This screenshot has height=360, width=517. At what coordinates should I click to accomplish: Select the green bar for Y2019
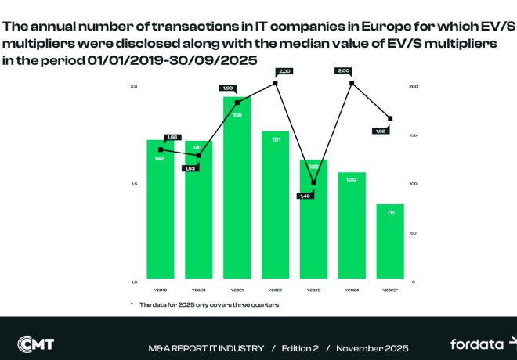(x=160, y=211)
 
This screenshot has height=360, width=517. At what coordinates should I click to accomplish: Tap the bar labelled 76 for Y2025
(x=390, y=243)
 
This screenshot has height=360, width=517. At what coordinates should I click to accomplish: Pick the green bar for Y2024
(x=352, y=227)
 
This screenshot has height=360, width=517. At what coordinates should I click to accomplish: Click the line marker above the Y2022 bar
(x=276, y=83)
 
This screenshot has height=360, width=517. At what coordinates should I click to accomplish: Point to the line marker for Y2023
(x=314, y=182)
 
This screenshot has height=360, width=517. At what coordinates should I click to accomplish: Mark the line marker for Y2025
(x=390, y=118)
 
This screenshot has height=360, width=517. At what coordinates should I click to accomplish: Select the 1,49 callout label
(x=305, y=196)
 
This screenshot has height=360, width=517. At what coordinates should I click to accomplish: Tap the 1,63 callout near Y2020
(x=190, y=167)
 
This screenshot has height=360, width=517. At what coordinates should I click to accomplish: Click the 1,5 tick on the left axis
(x=134, y=184)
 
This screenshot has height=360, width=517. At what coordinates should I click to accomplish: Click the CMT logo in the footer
(x=37, y=344)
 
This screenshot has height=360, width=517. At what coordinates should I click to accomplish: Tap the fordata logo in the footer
(x=479, y=344)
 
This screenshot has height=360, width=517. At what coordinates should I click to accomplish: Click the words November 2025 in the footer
(x=372, y=347)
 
